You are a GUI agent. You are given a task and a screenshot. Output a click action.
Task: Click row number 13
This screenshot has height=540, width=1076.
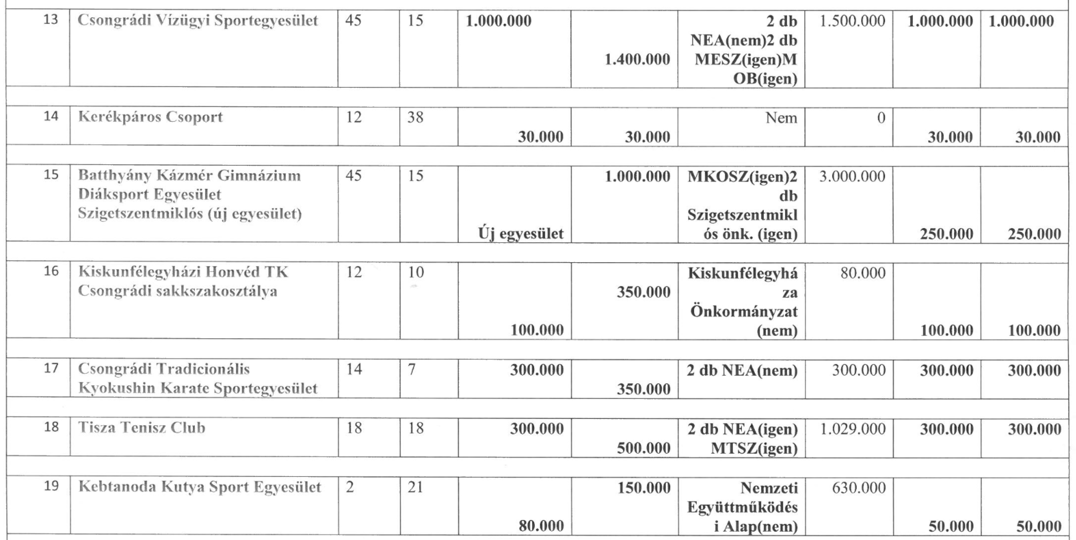(51, 20)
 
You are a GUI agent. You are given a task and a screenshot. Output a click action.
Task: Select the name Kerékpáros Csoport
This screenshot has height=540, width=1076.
(150, 117)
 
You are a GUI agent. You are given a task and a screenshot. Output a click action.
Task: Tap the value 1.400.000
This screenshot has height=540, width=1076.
(637, 60)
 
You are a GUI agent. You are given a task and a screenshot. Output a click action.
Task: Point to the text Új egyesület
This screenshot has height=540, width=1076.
(521, 234)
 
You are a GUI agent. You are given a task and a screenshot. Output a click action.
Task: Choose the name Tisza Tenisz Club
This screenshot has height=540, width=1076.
(142, 428)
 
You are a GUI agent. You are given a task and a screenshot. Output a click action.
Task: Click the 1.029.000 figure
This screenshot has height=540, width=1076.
(853, 429)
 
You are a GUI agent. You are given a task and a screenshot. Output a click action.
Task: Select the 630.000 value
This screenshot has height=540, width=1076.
(859, 487)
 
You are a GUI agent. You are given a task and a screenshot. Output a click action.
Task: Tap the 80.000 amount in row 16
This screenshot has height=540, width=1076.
(863, 273)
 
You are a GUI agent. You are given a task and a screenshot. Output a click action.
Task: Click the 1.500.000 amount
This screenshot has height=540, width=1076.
(852, 21)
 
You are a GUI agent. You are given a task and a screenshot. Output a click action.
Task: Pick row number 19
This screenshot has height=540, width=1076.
(51, 486)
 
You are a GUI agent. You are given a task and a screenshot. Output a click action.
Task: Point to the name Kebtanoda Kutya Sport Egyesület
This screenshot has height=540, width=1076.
(200, 487)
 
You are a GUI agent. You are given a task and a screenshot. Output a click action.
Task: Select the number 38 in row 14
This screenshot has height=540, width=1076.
(416, 117)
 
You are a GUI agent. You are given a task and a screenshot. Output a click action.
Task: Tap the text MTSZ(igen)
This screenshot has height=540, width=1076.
(754, 448)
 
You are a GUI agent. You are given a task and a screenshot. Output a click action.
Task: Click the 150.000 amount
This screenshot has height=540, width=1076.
(644, 487)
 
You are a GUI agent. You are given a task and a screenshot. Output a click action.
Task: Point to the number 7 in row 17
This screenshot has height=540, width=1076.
(412, 369)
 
